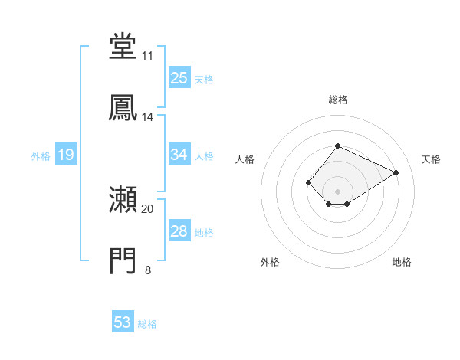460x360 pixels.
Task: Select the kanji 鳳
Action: tap(123, 107)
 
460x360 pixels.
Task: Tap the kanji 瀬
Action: tap(123, 201)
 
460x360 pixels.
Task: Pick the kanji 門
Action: tap(123, 261)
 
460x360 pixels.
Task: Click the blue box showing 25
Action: tap(179, 78)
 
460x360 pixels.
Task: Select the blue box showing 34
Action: tap(179, 155)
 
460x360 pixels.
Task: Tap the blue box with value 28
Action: tap(179, 231)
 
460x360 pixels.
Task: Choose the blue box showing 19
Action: tap(65, 155)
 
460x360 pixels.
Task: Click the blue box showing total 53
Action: tap(123, 322)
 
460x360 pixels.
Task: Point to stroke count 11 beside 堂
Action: tap(147, 56)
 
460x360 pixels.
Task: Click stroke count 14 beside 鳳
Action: tap(147, 117)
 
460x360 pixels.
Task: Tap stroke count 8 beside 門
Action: tap(147, 270)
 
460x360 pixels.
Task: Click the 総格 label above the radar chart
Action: tap(338, 100)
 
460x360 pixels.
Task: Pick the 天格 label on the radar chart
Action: tap(431, 159)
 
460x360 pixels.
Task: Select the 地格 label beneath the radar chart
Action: tap(402, 262)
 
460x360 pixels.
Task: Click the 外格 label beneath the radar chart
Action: tap(270, 262)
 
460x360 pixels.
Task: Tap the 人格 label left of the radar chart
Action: tap(245, 159)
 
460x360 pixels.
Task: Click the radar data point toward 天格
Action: tap(396, 173)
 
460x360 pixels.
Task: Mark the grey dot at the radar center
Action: tap(338, 191)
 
